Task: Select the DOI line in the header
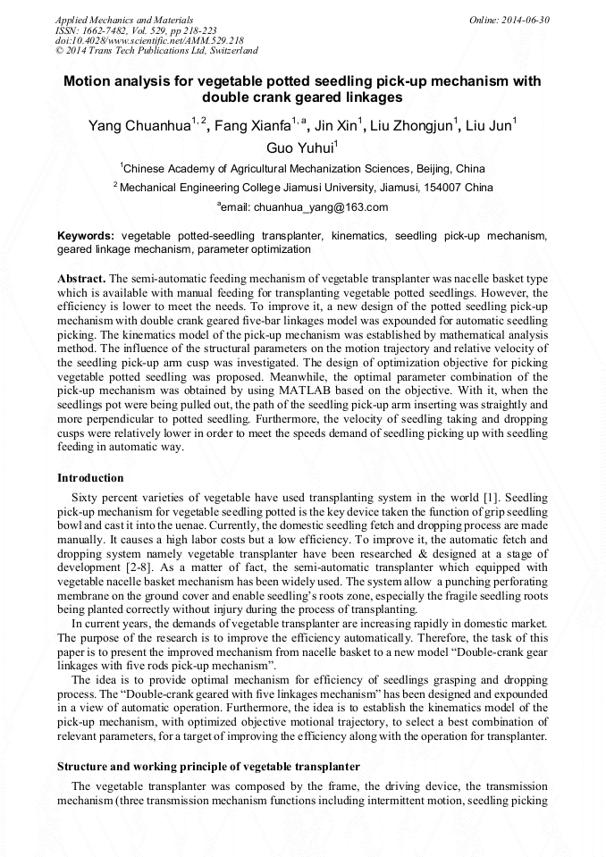tap(149, 40)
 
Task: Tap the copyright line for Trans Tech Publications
tap(156, 51)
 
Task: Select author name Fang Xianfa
tap(253, 126)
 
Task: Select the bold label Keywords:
tap(86, 236)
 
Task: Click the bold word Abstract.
tap(81, 280)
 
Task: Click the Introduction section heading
tap(90, 478)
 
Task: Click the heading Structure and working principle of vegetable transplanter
tap(208, 767)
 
